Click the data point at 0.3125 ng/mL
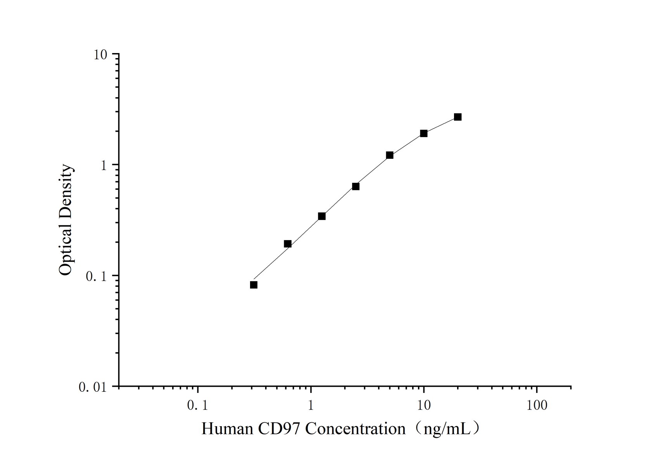pyautogui.click(x=254, y=285)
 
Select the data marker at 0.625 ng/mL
pyautogui.click(x=288, y=244)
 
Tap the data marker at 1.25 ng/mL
pyautogui.click(x=322, y=216)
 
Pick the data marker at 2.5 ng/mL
pyautogui.click(x=356, y=186)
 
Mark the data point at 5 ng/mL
pyautogui.click(x=390, y=155)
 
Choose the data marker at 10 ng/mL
pyautogui.click(x=424, y=133)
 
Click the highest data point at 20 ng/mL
pyautogui.click(x=458, y=117)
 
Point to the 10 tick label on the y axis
pyautogui.click(x=100, y=55)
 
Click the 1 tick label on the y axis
pyautogui.click(x=104, y=165)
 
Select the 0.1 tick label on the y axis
pyautogui.click(x=96, y=276)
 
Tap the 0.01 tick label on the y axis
pyautogui.click(x=93, y=387)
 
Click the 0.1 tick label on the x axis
pyautogui.click(x=197, y=406)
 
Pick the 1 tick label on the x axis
pyautogui.click(x=311, y=406)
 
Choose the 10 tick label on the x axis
pyautogui.click(x=424, y=406)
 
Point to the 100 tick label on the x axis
pyautogui.click(x=537, y=406)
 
